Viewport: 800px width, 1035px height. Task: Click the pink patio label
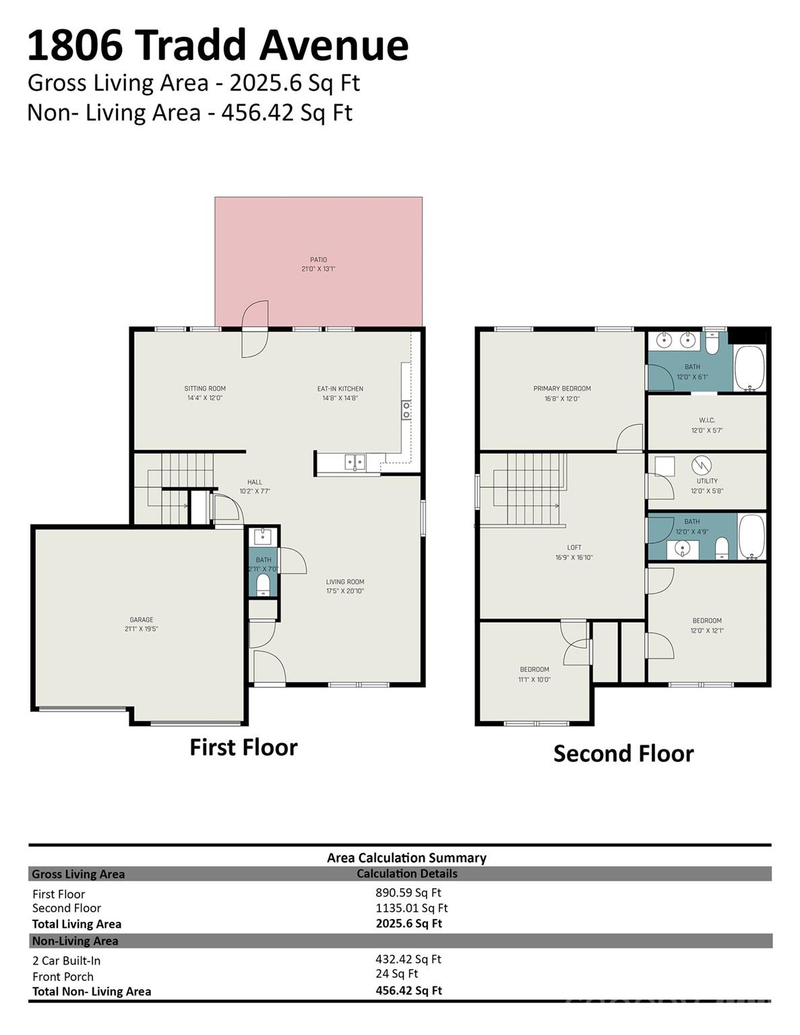click(318, 260)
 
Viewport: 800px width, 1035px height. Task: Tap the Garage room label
click(142, 620)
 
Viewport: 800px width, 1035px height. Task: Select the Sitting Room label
click(205, 389)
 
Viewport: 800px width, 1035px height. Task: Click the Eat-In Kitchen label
click(340, 389)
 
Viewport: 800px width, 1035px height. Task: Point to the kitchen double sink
click(355, 462)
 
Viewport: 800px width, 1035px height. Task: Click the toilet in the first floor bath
click(263, 584)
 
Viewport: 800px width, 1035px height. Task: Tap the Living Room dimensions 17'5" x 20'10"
click(345, 591)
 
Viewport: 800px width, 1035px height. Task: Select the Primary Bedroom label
click(562, 389)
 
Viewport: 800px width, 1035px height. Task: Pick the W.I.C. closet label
click(707, 420)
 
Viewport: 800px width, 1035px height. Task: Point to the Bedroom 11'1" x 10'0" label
click(534, 670)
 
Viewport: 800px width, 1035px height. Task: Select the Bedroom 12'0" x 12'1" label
click(707, 621)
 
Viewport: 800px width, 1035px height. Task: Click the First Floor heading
click(243, 747)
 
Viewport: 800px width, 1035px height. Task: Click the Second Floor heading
click(623, 753)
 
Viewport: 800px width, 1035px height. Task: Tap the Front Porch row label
click(63, 977)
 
